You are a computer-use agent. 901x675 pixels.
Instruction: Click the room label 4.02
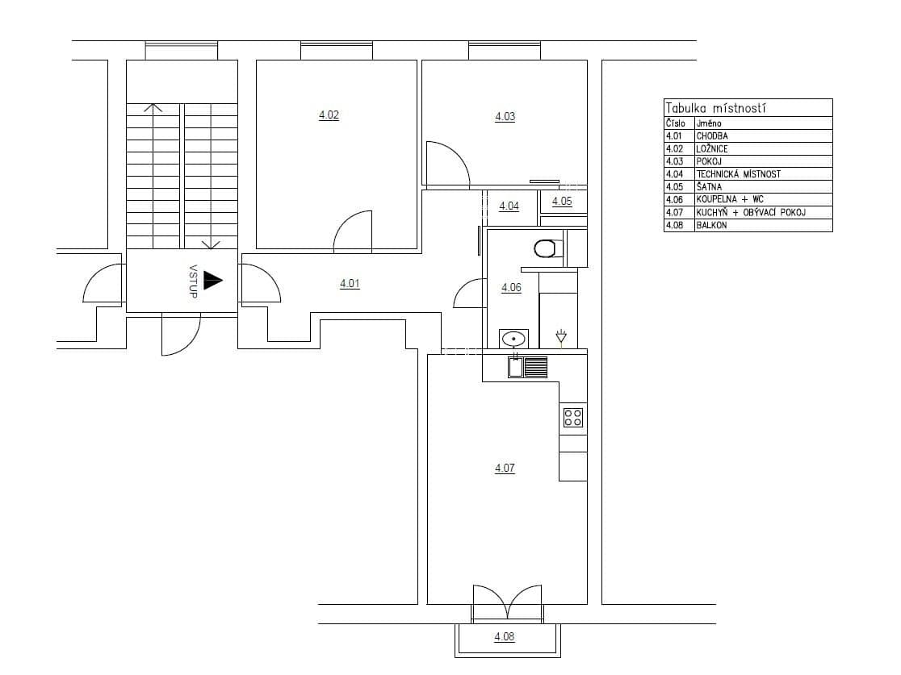pyautogui.click(x=329, y=115)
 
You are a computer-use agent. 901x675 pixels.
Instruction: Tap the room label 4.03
pyautogui.click(x=505, y=117)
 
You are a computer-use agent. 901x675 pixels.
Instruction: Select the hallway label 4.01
pyautogui.click(x=350, y=284)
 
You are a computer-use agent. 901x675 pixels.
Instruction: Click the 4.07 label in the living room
pyautogui.click(x=505, y=468)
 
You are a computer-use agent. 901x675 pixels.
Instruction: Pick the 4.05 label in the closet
pyautogui.click(x=562, y=202)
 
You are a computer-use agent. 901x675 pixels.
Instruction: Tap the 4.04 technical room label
pyautogui.click(x=509, y=206)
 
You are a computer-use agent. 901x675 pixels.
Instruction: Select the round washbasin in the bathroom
pyautogui.click(x=513, y=339)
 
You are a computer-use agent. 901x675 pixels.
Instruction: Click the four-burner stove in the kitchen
pyautogui.click(x=573, y=417)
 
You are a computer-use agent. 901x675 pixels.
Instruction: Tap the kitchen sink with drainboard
pyautogui.click(x=528, y=367)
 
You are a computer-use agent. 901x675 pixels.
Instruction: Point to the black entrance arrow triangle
pyautogui.click(x=212, y=280)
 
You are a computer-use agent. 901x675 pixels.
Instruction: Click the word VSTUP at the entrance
pyautogui.click(x=193, y=281)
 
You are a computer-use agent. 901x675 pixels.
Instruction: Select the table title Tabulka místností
pyautogui.click(x=715, y=108)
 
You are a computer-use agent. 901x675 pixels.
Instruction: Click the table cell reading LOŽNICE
pyautogui.click(x=711, y=149)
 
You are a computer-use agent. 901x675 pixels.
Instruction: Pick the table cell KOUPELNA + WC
pyautogui.click(x=729, y=199)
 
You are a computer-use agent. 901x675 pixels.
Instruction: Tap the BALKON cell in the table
pyautogui.click(x=711, y=225)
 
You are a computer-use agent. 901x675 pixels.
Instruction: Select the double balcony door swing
pyautogui.click(x=507, y=602)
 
